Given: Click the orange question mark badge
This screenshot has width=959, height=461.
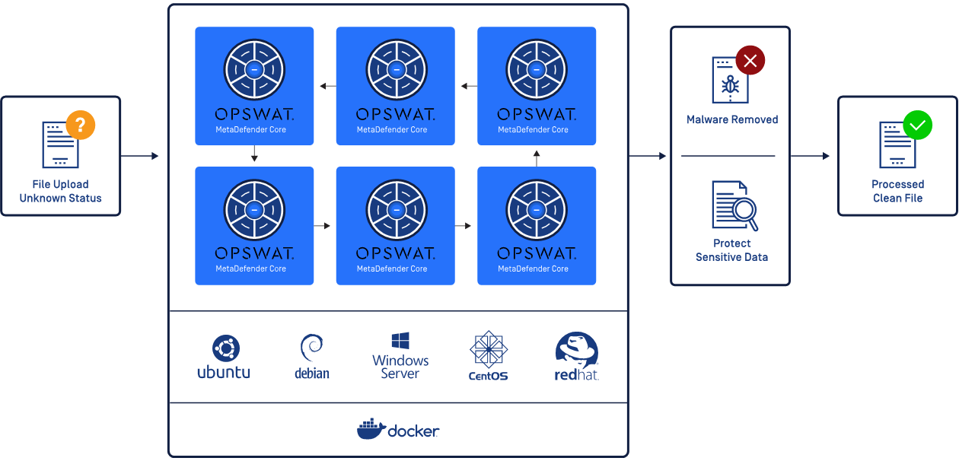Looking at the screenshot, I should point(81,125).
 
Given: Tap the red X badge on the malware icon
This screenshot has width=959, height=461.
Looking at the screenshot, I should point(750,61).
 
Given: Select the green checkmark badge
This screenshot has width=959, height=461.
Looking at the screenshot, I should point(917,125).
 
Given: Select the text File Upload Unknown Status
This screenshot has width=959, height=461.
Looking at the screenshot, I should point(60,191).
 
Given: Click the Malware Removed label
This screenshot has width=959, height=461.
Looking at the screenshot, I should point(732,119).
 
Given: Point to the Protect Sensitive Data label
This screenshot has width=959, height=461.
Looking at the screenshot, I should point(731,250).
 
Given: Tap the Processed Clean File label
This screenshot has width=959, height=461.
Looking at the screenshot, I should point(897,191).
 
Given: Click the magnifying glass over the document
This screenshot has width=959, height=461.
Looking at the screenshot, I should point(744,211).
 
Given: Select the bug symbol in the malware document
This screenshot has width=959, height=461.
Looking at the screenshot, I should point(730,84).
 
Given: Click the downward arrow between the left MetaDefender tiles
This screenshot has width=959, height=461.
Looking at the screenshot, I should point(254,155).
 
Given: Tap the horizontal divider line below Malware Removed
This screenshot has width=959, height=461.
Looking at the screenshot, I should point(728,156).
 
